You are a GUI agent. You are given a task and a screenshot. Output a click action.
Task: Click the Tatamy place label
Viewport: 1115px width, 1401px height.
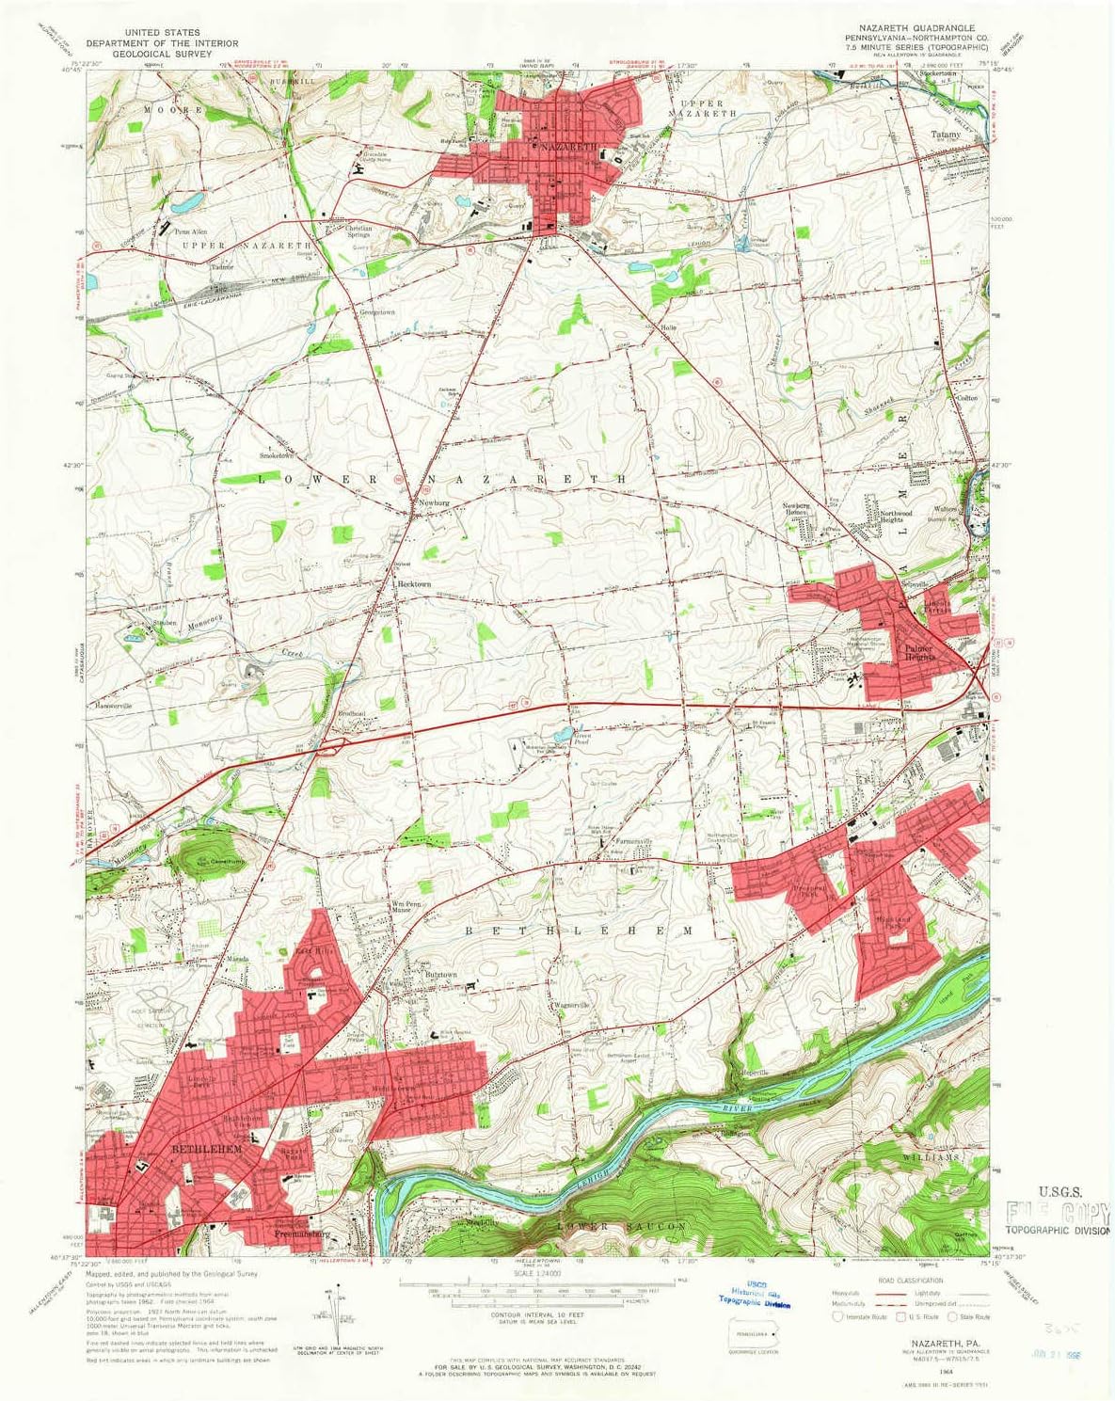pos(946,135)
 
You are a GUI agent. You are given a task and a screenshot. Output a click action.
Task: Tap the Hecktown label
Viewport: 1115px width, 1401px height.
pos(415,584)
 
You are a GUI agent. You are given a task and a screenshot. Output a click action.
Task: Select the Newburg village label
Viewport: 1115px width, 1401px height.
pos(435,502)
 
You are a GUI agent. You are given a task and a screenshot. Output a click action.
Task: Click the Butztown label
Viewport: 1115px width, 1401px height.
pos(439,975)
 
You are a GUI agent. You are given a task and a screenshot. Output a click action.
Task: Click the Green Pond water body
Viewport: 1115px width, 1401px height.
pos(563,733)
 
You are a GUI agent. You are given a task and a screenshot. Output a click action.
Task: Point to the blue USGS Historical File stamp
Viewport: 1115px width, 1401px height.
pos(753,1298)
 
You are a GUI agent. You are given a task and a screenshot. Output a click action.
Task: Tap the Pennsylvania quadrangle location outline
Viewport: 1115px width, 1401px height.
pos(754,1333)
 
